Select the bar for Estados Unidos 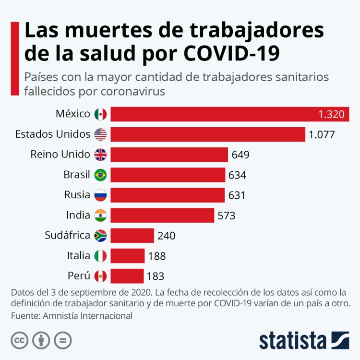point(208,134)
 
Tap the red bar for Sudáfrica point(132,236)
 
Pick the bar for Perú point(127,276)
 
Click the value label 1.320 point(331,114)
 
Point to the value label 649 point(240,155)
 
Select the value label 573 point(226,216)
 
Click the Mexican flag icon point(100,114)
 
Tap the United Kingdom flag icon point(100,155)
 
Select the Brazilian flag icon point(100,175)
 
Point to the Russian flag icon point(100,195)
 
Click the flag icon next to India point(100,216)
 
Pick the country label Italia point(79,256)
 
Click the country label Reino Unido point(60,155)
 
